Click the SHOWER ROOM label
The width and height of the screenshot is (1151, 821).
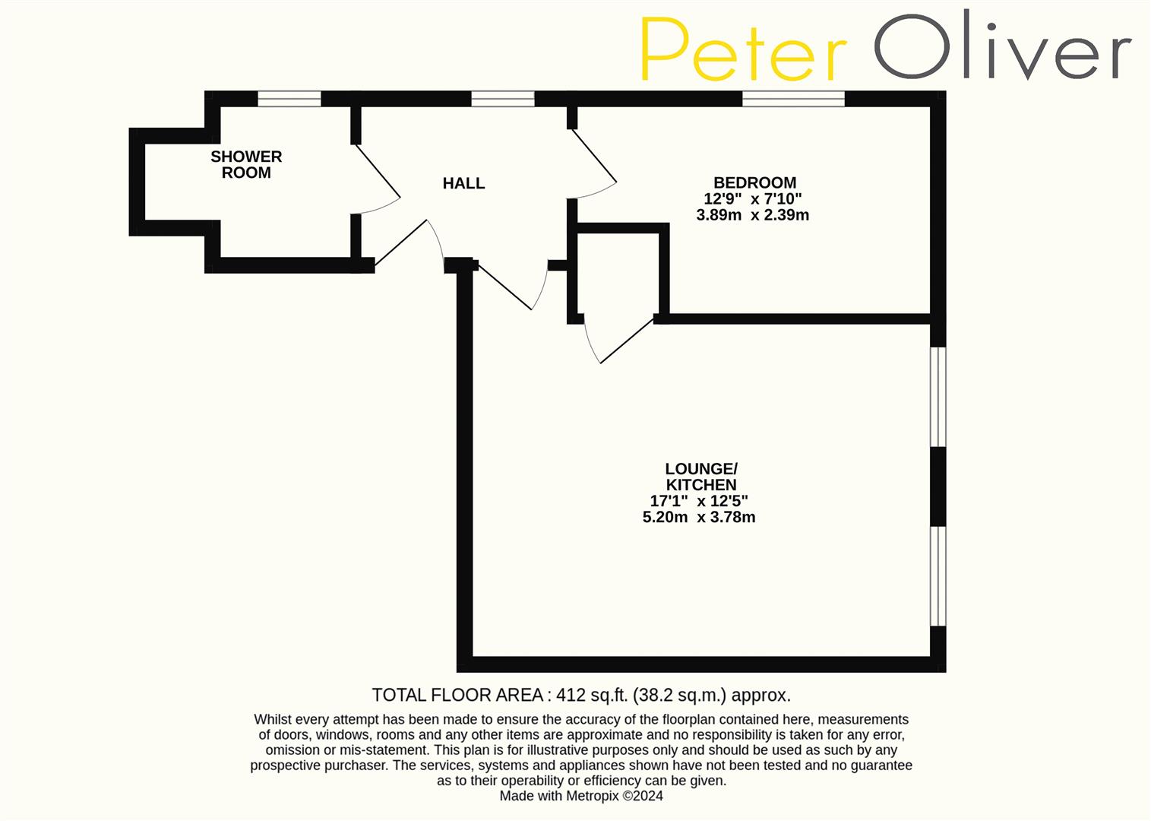pyautogui.click(x=246, y=164)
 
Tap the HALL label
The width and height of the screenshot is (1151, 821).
pyautogui.click(x=463, y=183)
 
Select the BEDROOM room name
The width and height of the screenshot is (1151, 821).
pyautogui.click(x=754, y=182)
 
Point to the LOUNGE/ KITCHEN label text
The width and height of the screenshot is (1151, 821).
pyautogui.click(x=700, y=477)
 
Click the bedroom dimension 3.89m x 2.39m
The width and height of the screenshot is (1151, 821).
pyautogui.click(x=752, y=215)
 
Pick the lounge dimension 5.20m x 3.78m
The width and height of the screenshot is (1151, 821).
pyautogui.click(x=699, y=517)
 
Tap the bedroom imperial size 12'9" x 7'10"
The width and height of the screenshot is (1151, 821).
pyautogui.click(x=752, y=199)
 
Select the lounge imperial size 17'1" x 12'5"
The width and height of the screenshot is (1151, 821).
pyautogui.click(x=699, y=501)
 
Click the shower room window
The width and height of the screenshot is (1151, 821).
pyautogui.click(x=289, y=99)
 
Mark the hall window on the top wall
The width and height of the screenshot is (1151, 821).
pyautogui.click(x=502, y=99)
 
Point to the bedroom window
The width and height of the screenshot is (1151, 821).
pyautogui.click(x=793, y=99)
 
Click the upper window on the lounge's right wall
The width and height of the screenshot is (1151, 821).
pyautogui.click(x=939, y=397)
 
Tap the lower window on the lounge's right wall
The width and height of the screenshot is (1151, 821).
pyautogui.click(x=939, y=575)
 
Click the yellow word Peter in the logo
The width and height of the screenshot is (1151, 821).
pyautogui.click(x=743, y=49)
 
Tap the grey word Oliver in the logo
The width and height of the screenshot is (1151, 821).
pyautogui.click(x=1003, y=47)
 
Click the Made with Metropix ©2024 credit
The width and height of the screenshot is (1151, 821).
pyautogui.click(x=581, y=796)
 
